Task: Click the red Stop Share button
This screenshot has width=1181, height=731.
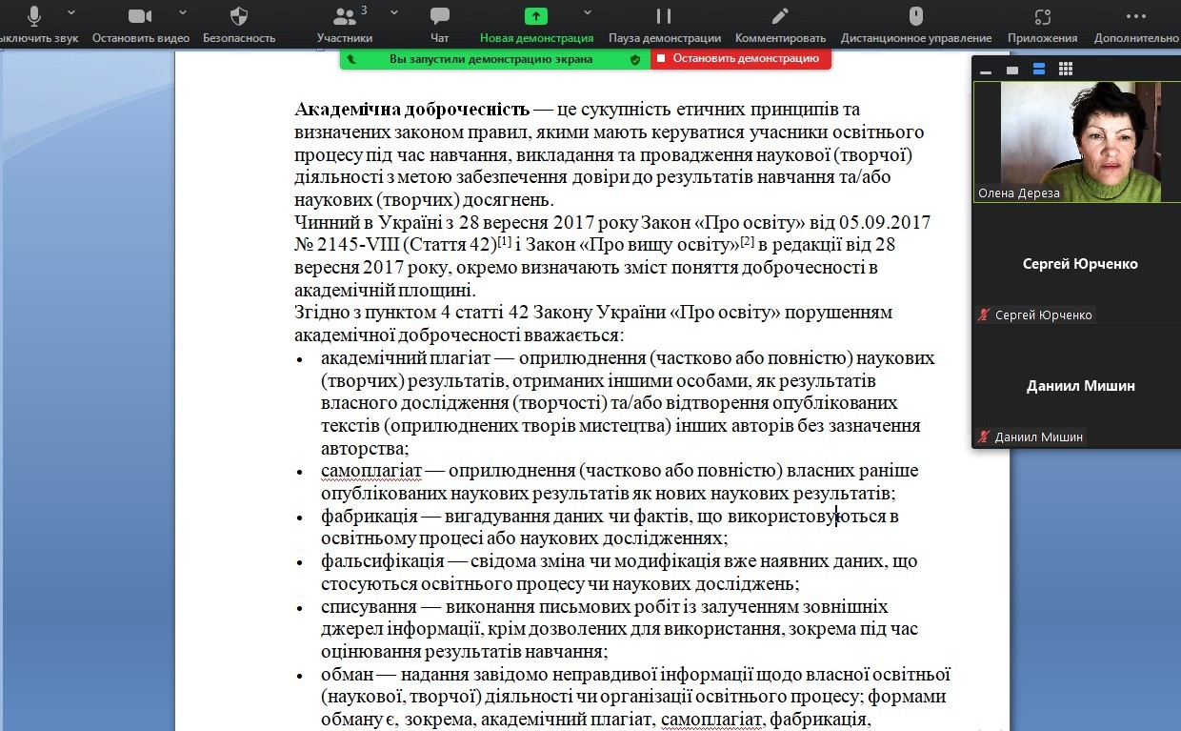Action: pos(740,58)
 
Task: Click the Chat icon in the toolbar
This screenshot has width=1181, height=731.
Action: pos(439,16)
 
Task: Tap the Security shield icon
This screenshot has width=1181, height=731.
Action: pos(239,16)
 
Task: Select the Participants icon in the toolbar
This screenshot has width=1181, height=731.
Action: pos(344,16)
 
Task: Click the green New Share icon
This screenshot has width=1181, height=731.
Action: pos(536,16)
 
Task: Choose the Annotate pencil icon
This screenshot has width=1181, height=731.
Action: pos(780,16)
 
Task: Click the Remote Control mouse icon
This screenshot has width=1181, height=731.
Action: pos(915,16)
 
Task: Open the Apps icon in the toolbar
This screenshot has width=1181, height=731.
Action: pos(1043,16)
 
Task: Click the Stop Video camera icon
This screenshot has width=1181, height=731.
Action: pos(140,16)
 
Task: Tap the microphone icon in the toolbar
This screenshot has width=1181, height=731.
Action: pos(34,16)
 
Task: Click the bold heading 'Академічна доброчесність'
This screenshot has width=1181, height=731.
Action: pos(411,110)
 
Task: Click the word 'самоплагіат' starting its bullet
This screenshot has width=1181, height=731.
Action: pos(370,471)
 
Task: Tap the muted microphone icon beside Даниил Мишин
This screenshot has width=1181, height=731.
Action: pos(984,437)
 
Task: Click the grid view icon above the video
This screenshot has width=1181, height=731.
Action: pos(1066,70)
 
